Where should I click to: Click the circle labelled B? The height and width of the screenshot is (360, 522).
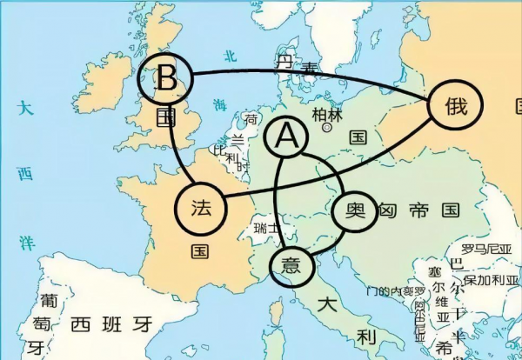click(168, 79)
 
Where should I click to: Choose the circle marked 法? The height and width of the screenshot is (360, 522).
click(201, 208)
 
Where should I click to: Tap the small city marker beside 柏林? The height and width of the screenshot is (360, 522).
click(327, 127)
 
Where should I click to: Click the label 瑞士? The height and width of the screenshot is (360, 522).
click(266, 228)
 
